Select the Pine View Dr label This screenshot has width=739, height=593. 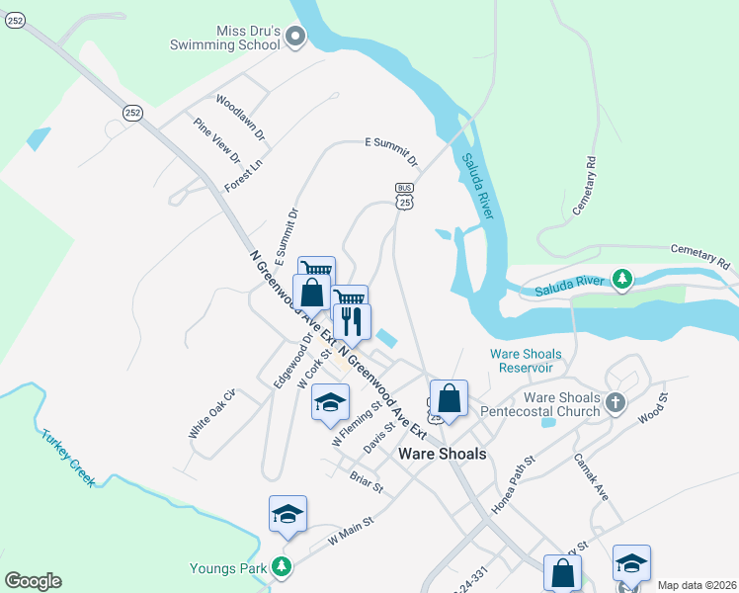[x=217, y=141]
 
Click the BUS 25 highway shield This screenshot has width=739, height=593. [x=404, y=196]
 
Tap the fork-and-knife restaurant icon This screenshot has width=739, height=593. [x=351, y=320]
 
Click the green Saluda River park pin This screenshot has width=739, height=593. [x=621, y=281]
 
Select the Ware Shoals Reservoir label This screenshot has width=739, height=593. [x=526, y=361]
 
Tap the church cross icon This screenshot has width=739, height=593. [x=616, y=402]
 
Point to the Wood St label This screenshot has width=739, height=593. [x=653, y=408]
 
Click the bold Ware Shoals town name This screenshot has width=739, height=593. [x=442, y=454]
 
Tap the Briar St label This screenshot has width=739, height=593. [x=366, y=483]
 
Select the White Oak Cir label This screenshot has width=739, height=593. [x=213, y=420]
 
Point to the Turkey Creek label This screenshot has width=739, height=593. [x=68, y=458]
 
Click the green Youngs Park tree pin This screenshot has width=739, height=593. [x=283, y=567]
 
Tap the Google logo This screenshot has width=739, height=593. [x=33, y=581]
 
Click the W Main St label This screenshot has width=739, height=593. [x=352, y=535]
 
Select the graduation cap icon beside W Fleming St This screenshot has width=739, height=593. [x=330, y=402]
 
